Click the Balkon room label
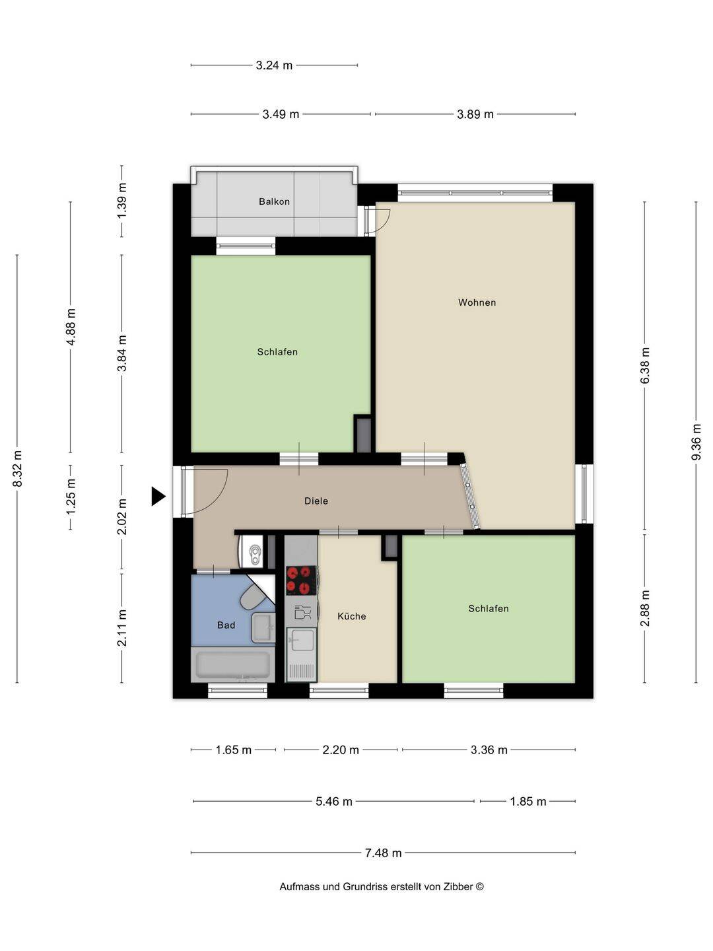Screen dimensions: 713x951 coord(274,201)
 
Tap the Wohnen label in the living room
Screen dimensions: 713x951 coord(477,302)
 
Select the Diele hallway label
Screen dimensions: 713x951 coord(316,501)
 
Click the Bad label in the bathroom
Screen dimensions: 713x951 coord(226,625)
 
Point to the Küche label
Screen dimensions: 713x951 coord(351,616)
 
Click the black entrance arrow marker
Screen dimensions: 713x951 coord(158,496)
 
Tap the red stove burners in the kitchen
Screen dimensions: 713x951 coord(301,580)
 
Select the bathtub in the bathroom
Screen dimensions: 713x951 coord(233,664)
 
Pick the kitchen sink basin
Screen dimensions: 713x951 coord(302,640)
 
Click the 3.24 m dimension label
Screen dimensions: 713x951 coord(274,65)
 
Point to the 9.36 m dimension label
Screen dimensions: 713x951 coord(696,442)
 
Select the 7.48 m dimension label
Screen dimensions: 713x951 coord(383,853)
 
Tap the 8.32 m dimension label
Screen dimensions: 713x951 coord(17,468)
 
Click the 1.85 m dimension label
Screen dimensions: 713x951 coord(527,801)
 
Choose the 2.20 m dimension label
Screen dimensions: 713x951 coord(341,750)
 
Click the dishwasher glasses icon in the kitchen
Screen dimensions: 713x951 coord(302,612)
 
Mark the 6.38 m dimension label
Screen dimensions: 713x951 coord(644,365)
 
